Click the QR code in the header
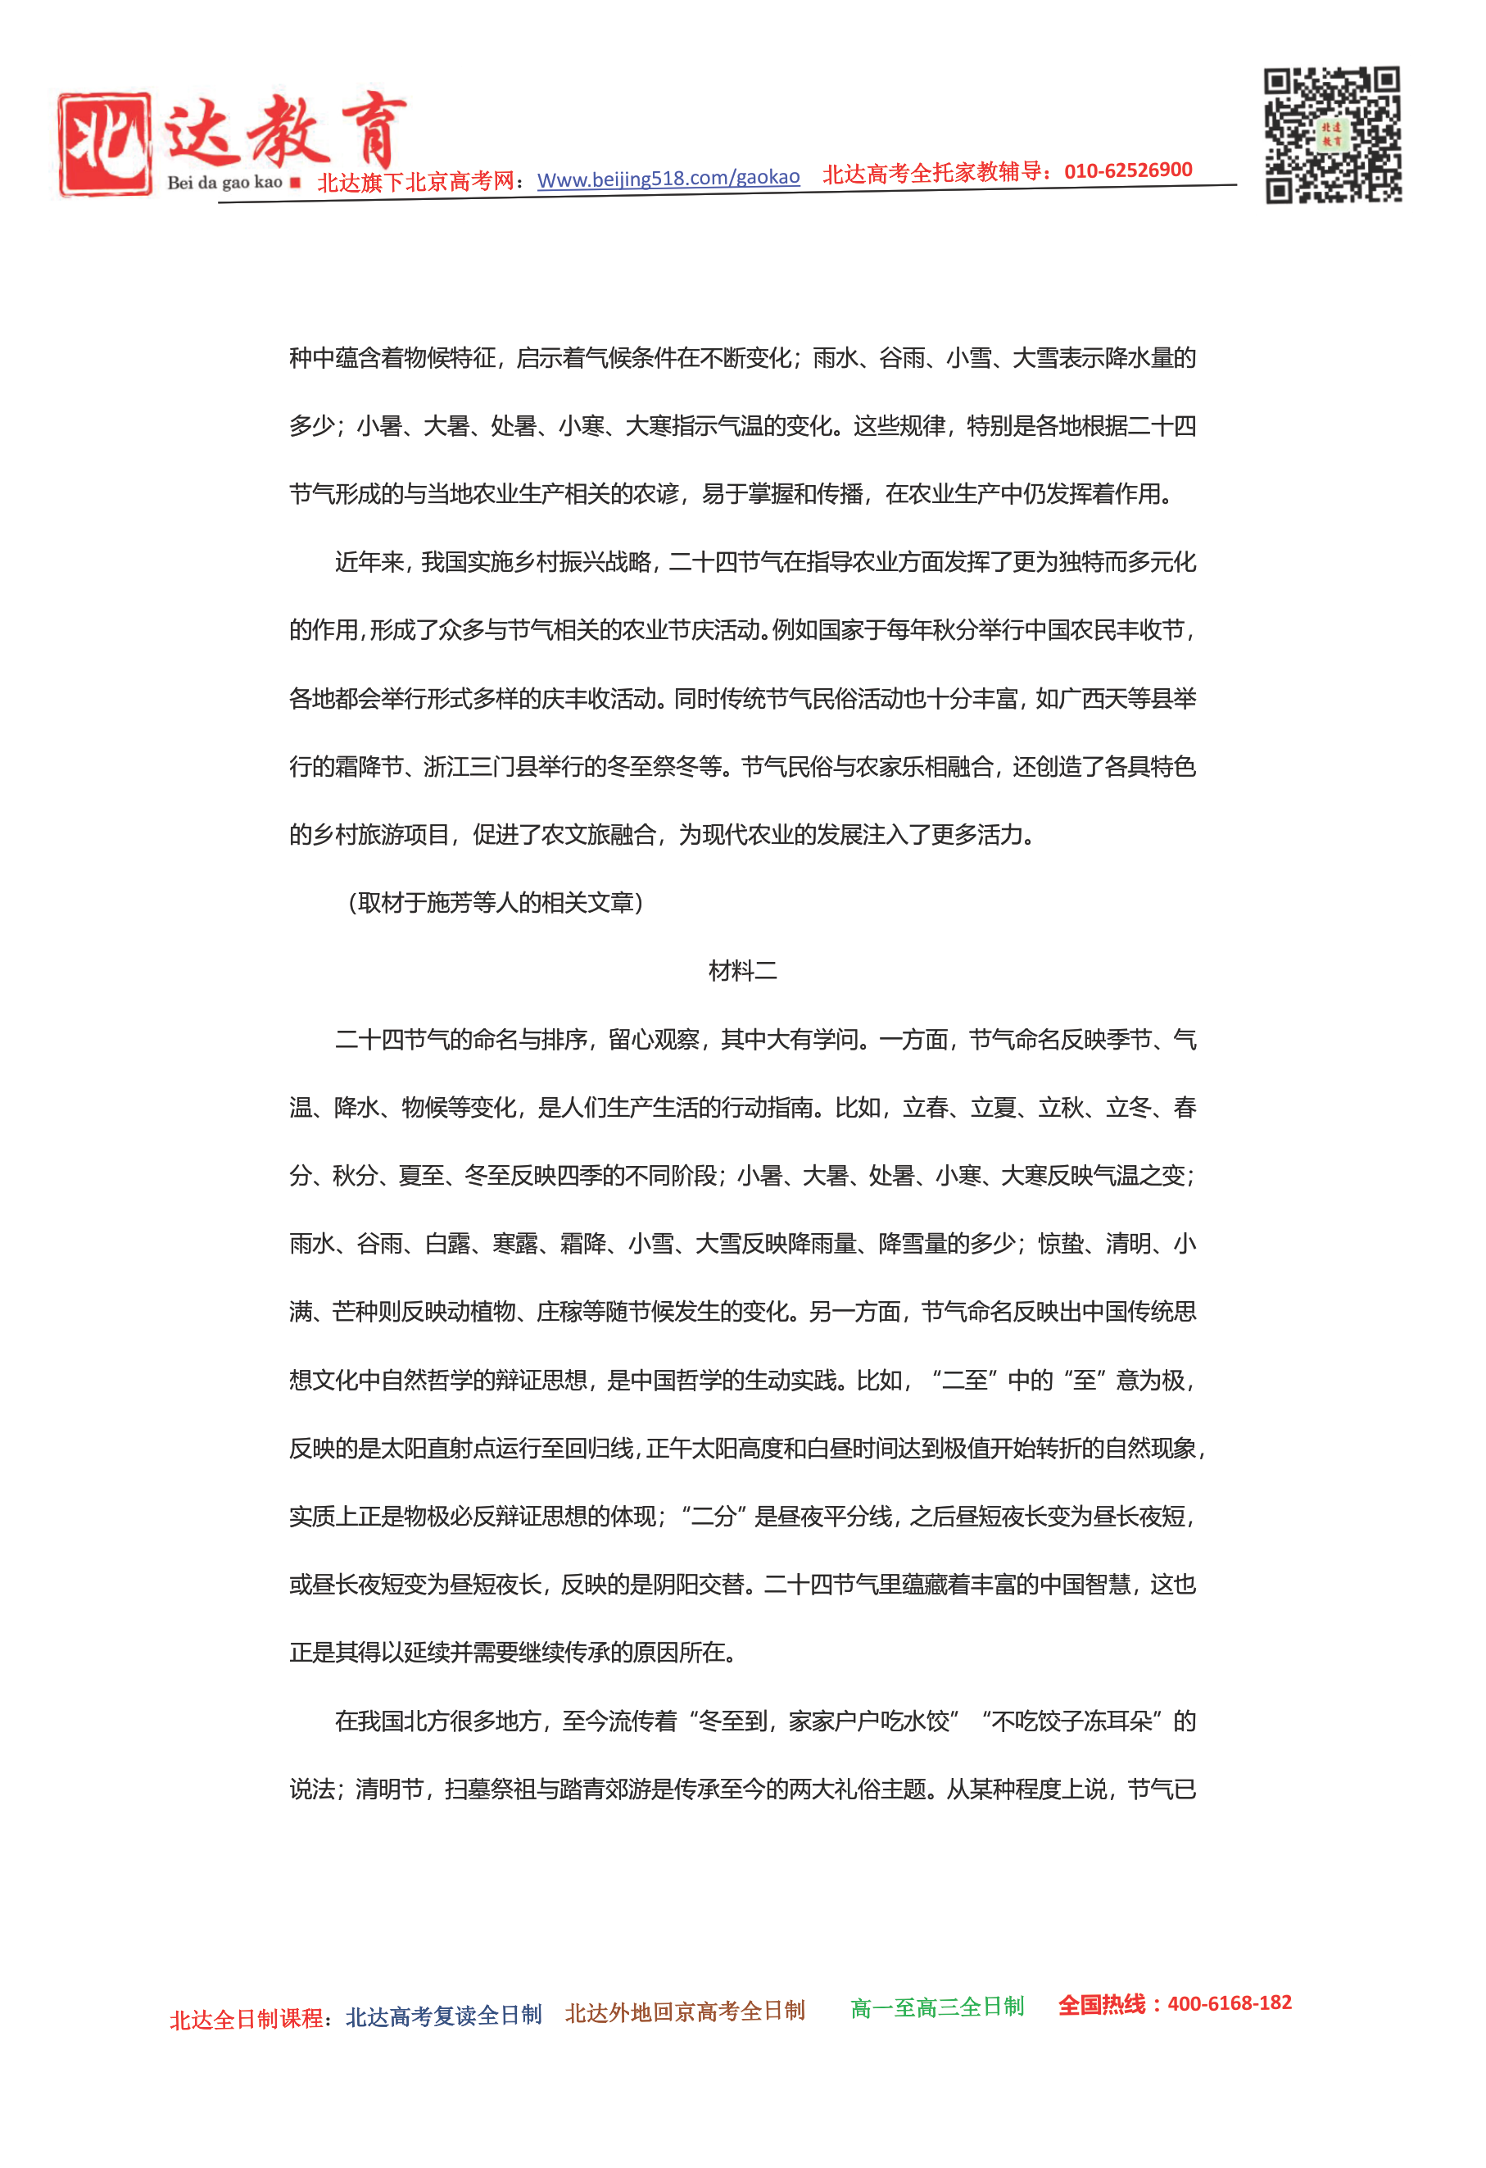(1332, 134)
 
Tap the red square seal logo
(105, 143)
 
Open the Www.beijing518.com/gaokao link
(668, 177)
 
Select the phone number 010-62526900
(1128, 170)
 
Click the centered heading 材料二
(742, 971)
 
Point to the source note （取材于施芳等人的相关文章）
(496, 903)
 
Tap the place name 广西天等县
(1115, 699)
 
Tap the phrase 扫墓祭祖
(492, 1789)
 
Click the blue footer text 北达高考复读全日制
(443, 2015)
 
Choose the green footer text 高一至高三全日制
(936, 2007)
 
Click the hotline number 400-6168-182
(1229, 2002)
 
